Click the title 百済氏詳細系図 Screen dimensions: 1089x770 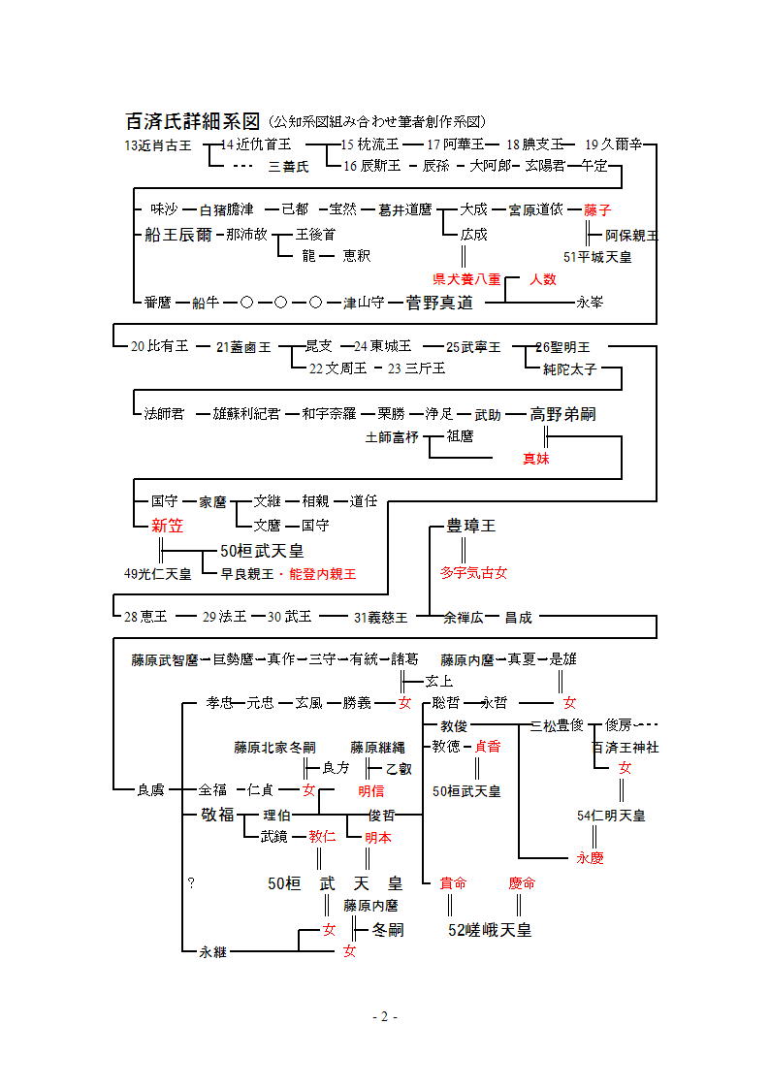pos(193,121)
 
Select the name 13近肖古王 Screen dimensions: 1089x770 pos(158,144)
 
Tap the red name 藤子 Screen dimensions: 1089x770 pos(597,209)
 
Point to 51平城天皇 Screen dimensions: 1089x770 pos(596,257)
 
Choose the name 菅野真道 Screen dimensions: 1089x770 pos(439,303)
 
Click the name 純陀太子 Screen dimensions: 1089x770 pos(569,369)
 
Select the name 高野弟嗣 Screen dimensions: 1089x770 pos(562,414)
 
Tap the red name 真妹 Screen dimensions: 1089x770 pos(536,459)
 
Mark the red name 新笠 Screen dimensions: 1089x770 pos(167,526)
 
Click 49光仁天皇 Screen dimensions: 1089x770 pos(157,574)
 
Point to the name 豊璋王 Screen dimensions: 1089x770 pos(470,526)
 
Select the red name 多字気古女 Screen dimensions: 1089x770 pos(473,573)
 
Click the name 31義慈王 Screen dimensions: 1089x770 pos(380,617)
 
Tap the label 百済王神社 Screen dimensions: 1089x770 pos(626,748)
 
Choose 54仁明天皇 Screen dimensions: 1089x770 pos(610,816)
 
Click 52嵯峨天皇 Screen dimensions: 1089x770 pos(490,930)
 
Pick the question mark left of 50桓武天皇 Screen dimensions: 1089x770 pos(191,883)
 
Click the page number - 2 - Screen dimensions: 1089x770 pos(385,1016)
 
